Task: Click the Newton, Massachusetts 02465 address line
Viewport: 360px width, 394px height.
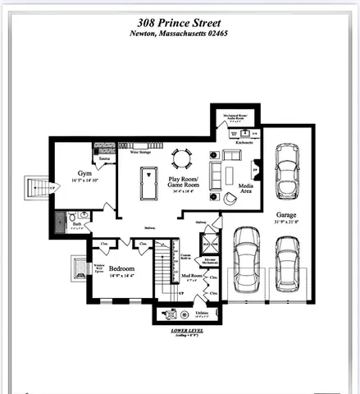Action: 180,33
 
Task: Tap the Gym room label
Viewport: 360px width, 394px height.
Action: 84,174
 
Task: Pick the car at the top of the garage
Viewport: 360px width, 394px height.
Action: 286,165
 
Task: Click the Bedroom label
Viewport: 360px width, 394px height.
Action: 121,269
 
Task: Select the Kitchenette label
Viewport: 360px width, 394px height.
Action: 244,143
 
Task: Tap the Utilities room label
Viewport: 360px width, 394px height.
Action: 203,313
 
